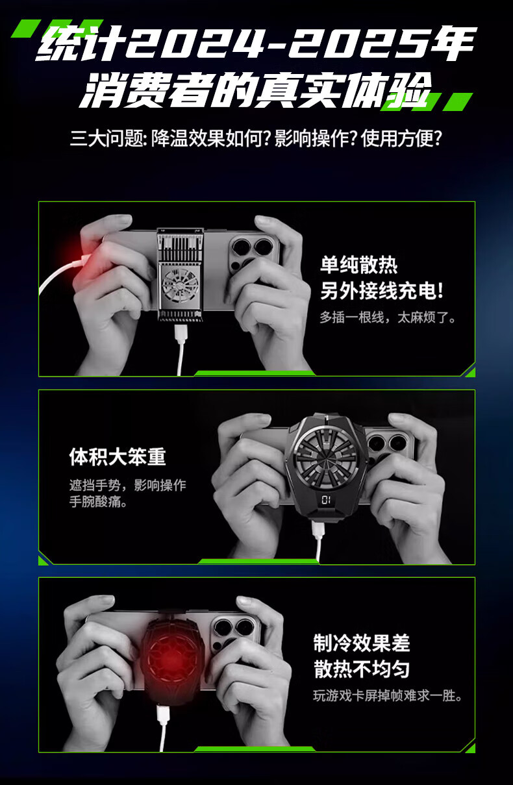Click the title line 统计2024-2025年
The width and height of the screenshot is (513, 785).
pyautogui.click(x=256, y=43)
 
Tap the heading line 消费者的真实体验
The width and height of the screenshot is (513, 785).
pyautogui.click(x=255, y=90)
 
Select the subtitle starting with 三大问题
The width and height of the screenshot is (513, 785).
pyautogui.click(x=256, y=138)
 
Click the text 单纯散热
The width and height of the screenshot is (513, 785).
pyautogui.click(x=359, y=265)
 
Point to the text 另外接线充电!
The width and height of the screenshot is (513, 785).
pyautogui.click(x=382, y=291)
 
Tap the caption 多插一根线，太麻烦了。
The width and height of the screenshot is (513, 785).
pyautogui.click(x=388, y=318)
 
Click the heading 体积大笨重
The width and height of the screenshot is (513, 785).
pyautogui.click(x=118, y=457)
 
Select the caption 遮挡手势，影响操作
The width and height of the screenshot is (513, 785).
pyautogui.click(x=127, y=486)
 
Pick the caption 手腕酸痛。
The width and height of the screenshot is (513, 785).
pyautogui.click(x=99, y=502)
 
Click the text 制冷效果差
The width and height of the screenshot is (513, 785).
pyautogui.click(x=362, y=643)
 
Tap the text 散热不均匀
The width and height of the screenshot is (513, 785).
pyautogui.click(x=362, y=669)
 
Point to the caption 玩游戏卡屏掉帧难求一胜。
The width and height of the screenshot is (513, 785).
pyautogui.click(x=388, y=695)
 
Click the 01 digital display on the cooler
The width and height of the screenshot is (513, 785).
pyautogui.click(x=326, y=499)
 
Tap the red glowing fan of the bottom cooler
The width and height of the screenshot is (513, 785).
pyautogui.click(x=172, y=660)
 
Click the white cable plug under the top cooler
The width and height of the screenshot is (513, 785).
pyautogui.click(x=181, y=334)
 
